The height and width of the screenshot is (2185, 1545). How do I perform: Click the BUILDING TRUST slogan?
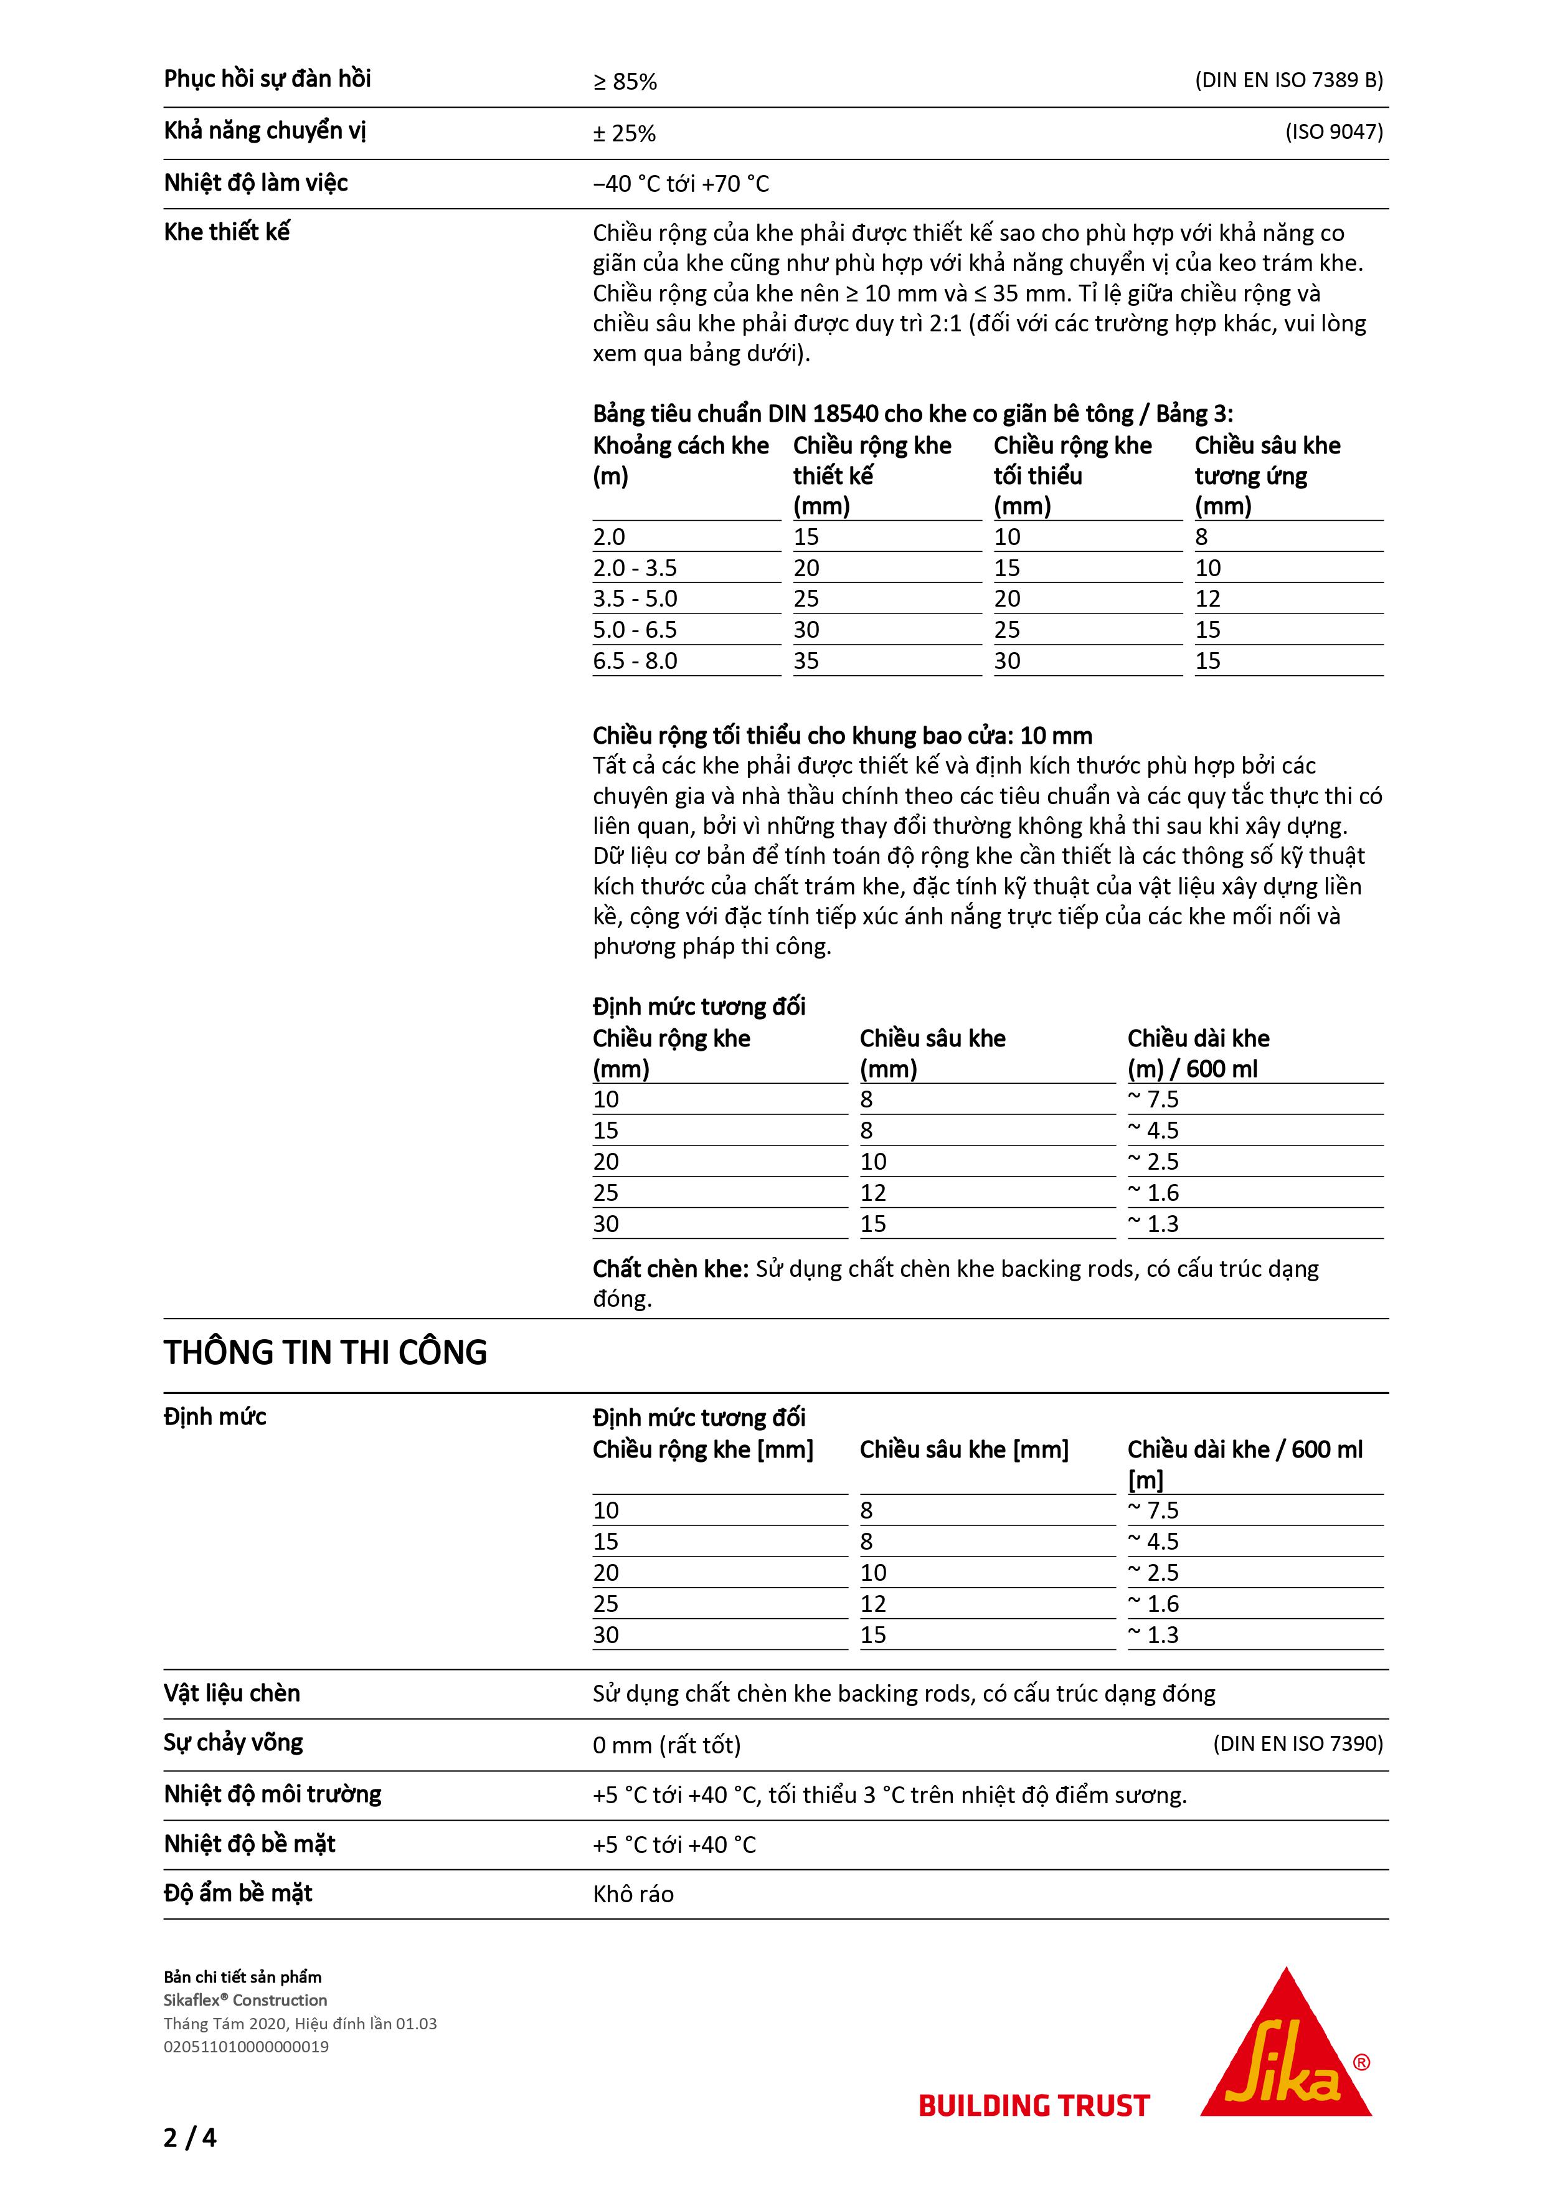click(x=1034, y=2106)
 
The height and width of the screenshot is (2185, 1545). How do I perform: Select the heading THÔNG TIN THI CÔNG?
click(x=325, y=1352)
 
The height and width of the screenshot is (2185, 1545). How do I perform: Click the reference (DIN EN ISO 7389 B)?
click(x=1289, y=80)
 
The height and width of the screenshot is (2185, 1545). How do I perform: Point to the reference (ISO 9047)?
click(x=1334, y=131)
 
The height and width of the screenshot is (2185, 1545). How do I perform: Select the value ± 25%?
click(x=625, y=134)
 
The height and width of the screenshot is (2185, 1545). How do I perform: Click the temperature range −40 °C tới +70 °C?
click(x=681, y=184)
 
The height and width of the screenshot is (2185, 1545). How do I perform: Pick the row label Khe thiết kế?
click(x=227, y=232)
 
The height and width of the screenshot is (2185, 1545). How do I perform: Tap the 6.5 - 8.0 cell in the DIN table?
click(x=636, y=660)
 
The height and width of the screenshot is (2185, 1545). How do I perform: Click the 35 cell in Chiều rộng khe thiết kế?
click(x=806, y=660)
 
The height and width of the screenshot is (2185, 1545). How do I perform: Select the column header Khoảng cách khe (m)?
click(x=681, y=460)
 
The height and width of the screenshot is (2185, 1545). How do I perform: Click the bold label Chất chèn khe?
click(x=672, y=1269)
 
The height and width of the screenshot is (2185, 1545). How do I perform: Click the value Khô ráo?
click(x=633, y=1894)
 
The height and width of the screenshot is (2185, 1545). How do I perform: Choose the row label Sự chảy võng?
click(x=233, y=1743)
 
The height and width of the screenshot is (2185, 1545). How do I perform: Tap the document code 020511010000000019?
click(x=247, y=2046)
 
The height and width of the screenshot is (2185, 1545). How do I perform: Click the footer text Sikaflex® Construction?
click(x=245, y=2001)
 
